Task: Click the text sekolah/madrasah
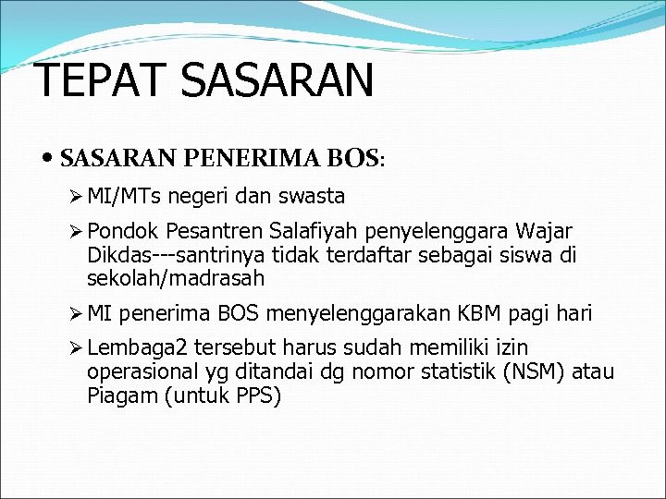(176, 277)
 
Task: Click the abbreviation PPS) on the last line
(259, 396)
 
